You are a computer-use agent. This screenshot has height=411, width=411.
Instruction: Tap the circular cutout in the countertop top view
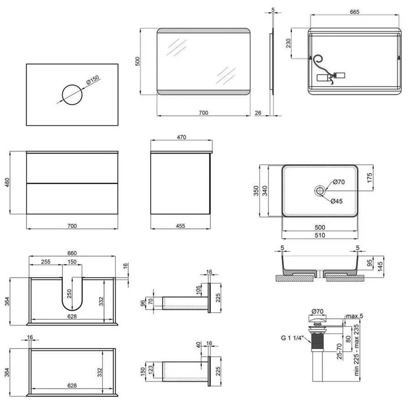[x=72, y=95]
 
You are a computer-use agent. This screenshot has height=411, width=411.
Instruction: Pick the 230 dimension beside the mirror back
[x=288, y=44]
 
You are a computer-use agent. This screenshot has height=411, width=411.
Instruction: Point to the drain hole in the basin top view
[x=320, y=190]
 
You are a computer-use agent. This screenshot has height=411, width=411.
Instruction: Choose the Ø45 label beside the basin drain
[x=337, y=201]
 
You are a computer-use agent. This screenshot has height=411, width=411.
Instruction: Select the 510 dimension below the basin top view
[x=320, y=236]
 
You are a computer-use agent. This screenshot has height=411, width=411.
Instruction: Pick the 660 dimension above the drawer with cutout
[x=72, y=253]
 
